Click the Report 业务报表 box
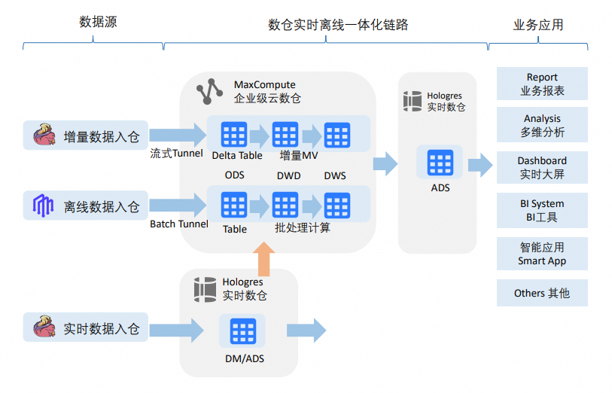point(542,84)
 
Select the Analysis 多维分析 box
point(542,125)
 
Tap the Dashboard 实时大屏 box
point(542,167)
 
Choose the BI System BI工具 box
point(542,210)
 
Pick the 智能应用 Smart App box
point(542,254)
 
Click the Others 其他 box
point(542,293)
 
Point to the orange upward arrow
point(263,259)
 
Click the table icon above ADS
point(440,163)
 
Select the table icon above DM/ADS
point(243,332)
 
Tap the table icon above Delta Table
point(234,135)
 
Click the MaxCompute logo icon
point(209,91)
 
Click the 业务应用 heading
point(538,25)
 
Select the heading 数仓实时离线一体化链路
point(338,25)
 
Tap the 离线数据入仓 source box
point(86,206)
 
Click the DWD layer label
point(288,175)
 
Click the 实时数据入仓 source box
point(86,328)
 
